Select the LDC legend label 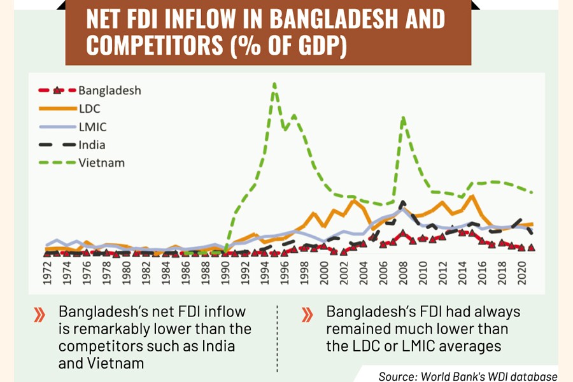tap(89, 109)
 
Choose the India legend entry tap(92, 145)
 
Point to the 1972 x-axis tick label tap(48, 272)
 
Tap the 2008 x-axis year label tap(403, 272)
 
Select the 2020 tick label tap(521, 272)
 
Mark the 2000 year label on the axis tap(324, 272)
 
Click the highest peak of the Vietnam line tap(274, 83)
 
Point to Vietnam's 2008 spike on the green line tap(403, 118)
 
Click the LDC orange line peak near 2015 tap(472, 195)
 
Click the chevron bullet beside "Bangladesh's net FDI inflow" tap(39, 314)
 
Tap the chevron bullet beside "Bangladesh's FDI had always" tap(308, 314)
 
